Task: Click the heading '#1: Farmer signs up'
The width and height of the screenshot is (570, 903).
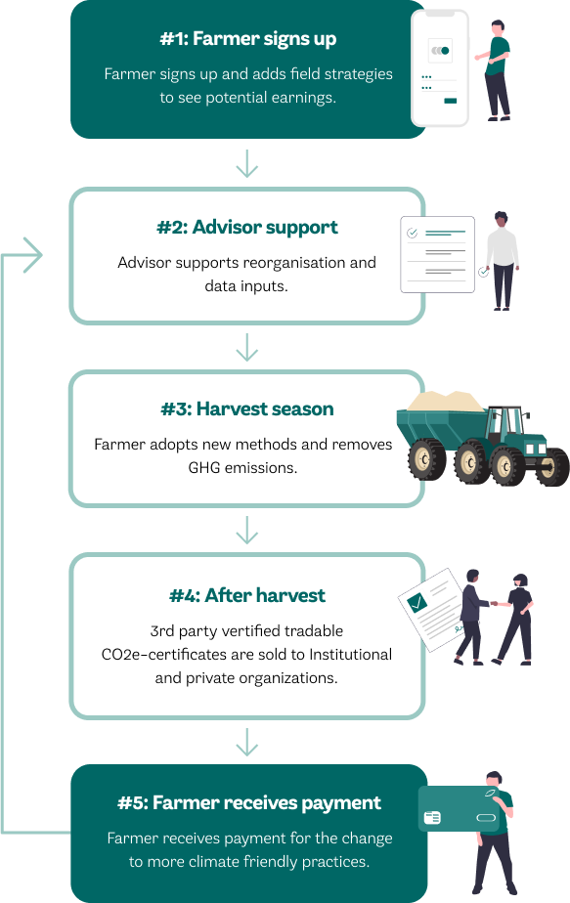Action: (247, 38)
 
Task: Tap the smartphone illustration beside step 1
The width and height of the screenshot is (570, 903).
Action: (440, 68)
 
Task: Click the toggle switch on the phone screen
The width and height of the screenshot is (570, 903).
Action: (440, 51)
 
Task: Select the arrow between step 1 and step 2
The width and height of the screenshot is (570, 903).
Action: (247, 163)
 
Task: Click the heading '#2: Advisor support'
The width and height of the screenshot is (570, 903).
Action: (247, 228)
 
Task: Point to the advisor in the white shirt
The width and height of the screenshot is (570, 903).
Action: (502, 261)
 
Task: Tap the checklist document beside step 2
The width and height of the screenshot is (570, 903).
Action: (437, 254)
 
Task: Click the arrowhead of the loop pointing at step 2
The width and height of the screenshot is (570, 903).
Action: (33, 254)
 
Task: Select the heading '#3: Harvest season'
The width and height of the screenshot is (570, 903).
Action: (247, 408)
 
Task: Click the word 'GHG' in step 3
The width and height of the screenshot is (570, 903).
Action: (204, 467)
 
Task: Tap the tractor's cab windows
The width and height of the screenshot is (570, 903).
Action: (504, 421)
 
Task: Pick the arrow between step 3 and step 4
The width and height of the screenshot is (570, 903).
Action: (247, 530)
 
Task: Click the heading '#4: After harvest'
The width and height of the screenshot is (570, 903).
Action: (247, 595)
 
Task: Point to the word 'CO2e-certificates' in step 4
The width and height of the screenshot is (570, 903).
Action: (164, 655)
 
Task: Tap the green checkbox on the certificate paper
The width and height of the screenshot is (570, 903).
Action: (417, 602)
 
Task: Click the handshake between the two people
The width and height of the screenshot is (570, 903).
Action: (495, 604)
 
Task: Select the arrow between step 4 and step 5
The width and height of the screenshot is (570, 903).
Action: (247, 743)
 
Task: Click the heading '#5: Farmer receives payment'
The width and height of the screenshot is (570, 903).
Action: (249, 803)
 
